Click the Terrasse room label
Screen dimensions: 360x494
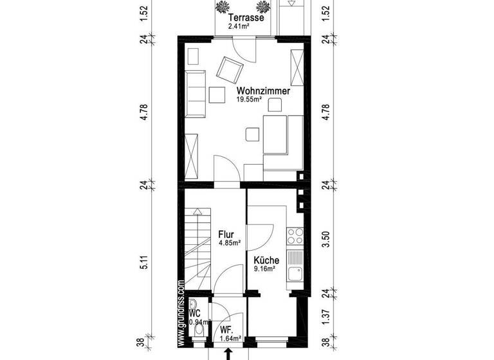pyautogui.click(x=245, y=18)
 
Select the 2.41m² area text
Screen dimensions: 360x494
pyautogui.click(x=244, y=27)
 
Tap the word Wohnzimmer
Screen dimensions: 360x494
pyautogui.click(x=262, y=91)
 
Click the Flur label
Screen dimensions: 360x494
pyautogui.click(x=226, y=234)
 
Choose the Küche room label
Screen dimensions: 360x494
pyautogui.click(x=266, y=260)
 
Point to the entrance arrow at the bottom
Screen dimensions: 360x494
pyautogui.click(x=227, y=354)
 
